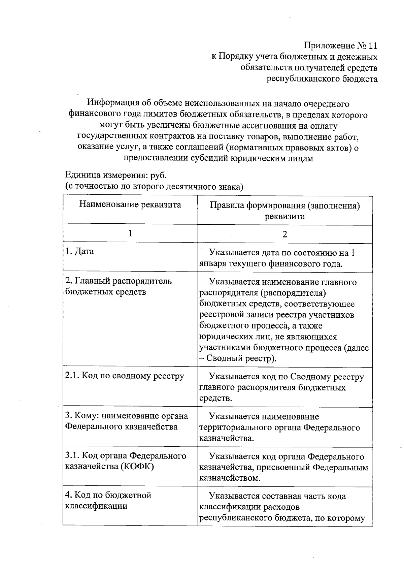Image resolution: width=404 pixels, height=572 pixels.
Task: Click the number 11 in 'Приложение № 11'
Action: pos(370,45)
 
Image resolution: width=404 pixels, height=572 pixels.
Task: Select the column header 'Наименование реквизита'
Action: pos(130,204)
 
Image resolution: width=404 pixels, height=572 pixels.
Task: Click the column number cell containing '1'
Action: pos(130,233)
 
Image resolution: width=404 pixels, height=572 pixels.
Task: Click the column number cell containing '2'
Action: pos(284,234)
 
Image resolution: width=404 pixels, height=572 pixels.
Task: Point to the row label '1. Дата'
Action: pos(80,251)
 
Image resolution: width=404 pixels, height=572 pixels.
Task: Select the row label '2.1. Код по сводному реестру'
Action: pos(125,376)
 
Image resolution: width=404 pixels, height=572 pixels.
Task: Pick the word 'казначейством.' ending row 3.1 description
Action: pos(230,478)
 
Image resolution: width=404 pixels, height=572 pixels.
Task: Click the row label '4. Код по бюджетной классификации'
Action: pos(108,500)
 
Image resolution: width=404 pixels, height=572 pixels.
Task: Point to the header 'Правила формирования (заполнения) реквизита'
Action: pos(284,211)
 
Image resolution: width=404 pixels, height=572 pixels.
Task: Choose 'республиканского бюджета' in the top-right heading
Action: pos(322,79)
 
